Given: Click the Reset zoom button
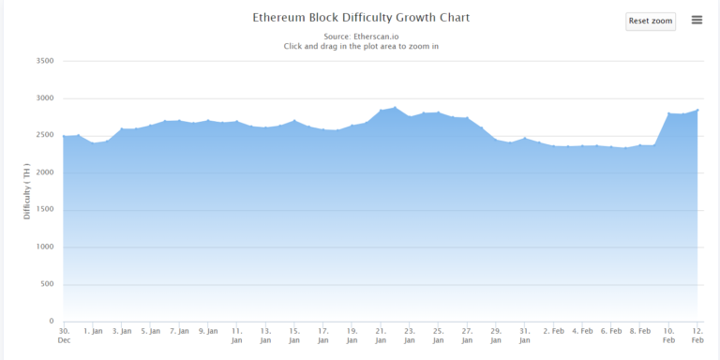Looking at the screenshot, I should pos(651,21).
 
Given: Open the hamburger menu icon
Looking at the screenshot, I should pos(697,20).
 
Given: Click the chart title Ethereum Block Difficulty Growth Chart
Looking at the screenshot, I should pos(361,18).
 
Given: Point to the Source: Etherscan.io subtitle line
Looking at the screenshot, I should pos(361,36).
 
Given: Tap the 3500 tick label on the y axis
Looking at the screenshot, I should pos(44,61).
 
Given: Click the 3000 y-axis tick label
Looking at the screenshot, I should pos(44,98).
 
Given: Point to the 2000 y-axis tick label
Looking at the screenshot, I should pos(44,172).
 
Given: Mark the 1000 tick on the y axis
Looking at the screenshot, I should pos(44,247).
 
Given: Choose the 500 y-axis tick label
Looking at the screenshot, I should pos(46,284).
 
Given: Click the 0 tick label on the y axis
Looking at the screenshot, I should pos(52,322).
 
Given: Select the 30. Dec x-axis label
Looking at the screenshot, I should pos(64,336).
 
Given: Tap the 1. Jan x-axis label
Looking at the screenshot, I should pos(93,331).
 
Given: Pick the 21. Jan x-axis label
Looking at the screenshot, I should pos(381,336).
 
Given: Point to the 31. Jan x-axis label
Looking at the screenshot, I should pos(525,336).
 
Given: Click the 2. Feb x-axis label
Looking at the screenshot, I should pos(554,331).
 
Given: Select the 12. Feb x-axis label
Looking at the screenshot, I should pos(698,336).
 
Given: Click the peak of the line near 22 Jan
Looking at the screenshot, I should pos(395,108).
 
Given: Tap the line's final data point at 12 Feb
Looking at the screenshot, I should pos(698,110).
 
